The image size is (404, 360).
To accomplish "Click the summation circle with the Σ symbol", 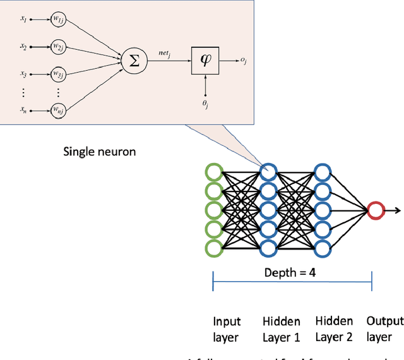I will pos(134,61).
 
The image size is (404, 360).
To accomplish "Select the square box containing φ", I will pos(206,61).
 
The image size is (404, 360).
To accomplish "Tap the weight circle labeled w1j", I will pos(59,20).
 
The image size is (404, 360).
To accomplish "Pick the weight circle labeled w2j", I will pos(59,47).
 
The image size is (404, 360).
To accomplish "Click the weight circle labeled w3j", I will pos(59,74).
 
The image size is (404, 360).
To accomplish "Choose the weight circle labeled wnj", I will pos(59,112).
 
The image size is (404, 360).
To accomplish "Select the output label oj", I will pos(244,61).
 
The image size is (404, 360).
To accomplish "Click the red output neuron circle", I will pos(376,210).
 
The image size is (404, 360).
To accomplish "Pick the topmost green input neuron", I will pos(214,172).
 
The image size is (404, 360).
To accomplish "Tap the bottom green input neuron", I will pos(214,248).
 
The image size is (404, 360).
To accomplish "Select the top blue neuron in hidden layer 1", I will pos(268,172).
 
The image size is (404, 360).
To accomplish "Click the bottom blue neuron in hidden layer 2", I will pos(323,248).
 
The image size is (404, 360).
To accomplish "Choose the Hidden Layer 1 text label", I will pos(282,329).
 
